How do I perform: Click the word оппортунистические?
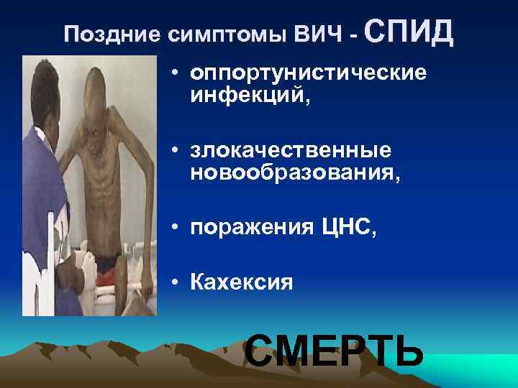point(307,75)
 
